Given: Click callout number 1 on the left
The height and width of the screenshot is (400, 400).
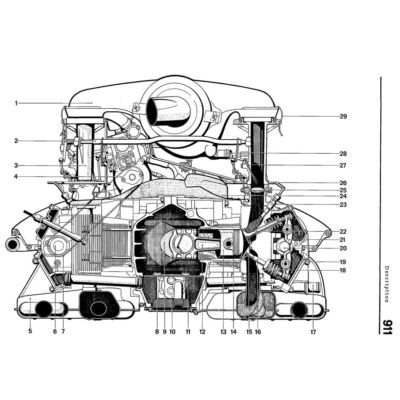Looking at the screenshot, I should click(16, 103).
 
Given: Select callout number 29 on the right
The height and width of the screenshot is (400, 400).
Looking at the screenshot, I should click(343, 117).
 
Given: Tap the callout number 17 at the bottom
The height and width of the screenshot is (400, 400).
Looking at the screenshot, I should click(314, 331).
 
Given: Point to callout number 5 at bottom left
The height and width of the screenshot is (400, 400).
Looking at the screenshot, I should click(30, 331).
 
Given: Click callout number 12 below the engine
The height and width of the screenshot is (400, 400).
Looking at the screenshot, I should click(202, 331).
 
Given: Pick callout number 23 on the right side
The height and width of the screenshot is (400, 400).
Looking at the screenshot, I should click(343, 204).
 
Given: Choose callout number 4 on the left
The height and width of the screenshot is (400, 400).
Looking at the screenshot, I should click(16, 177).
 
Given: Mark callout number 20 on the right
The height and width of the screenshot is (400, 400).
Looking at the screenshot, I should click(343, 248).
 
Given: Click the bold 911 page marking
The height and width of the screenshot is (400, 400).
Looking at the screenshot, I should click(387, 326).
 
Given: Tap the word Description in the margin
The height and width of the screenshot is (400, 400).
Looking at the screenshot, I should click(387, 284).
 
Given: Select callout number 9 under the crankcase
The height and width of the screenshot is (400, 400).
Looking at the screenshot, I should click(165, 331).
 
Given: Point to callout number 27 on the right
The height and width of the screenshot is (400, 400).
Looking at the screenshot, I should click(343, 166).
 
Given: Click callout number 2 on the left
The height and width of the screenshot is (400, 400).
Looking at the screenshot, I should click(16, 141).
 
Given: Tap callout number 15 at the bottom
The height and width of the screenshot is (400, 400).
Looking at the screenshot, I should click(249, 331).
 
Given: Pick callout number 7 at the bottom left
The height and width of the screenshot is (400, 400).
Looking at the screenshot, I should click(63, 331).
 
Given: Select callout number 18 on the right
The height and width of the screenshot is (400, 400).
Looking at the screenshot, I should click(343, 270).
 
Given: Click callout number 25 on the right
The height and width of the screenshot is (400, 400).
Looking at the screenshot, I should click(343, 190).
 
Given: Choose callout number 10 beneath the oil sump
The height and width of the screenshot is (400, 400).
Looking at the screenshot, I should click(172, 331).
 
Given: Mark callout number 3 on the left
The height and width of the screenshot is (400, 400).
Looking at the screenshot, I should click(16, 166).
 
